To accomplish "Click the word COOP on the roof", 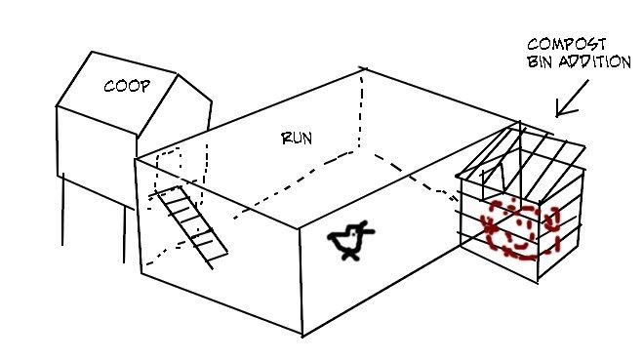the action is point(127,86).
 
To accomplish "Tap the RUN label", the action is point(297,139).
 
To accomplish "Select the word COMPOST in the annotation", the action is point(566,44).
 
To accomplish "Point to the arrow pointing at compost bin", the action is point(572,99).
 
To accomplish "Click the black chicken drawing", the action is point(350,241).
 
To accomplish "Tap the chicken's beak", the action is point(368,232).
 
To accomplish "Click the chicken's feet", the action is point(350,256).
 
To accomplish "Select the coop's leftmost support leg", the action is point(62,209).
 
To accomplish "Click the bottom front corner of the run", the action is point(302,337).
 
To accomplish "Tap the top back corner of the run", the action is point(363,69).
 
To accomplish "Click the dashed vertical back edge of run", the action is point(361,108).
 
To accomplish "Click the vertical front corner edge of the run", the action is point(301,282).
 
